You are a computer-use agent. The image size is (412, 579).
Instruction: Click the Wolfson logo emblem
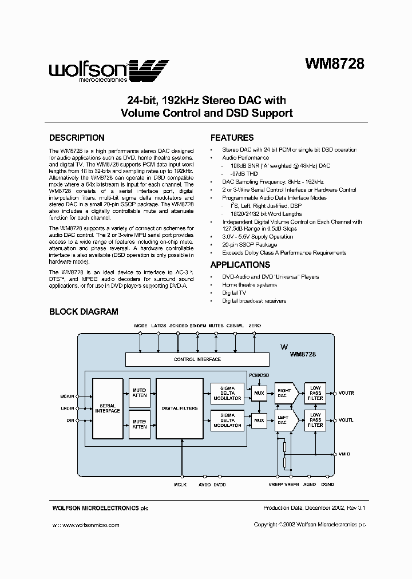click(x=151, y=70)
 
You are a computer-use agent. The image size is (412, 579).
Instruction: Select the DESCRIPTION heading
click(x=77, y=138)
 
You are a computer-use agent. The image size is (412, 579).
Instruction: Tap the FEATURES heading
click(x=232, y=138)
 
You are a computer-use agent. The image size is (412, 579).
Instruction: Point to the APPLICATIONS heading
click(x=240, y=265)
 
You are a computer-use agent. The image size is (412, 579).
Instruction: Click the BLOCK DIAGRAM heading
click(x=84, y=312)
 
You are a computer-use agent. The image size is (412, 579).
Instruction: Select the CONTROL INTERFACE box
click(x=197, y=359)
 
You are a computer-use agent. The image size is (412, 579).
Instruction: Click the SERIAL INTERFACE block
click(x=107, y=407)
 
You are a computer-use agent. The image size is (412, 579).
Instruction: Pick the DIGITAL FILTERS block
click(x=180, y=407)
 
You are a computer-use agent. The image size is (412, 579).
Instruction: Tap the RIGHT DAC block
click(x=285, y=394)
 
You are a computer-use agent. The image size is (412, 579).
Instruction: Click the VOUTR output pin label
click(x=346, y=394)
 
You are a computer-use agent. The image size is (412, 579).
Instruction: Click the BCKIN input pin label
click(x=67, y=395)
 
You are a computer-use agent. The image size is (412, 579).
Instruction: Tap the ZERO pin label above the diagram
click(x=255, y=326)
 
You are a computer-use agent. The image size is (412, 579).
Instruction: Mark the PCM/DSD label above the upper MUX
click(x=259, y=374)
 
